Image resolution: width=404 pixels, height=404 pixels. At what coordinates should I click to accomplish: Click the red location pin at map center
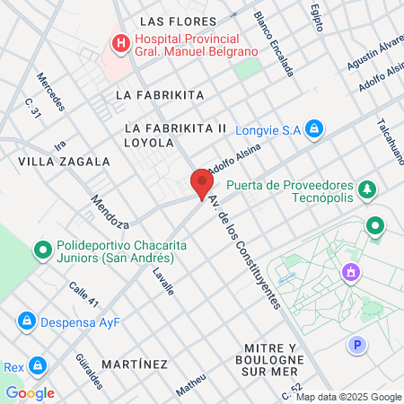(x=201, y=183)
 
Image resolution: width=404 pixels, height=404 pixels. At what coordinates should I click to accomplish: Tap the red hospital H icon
(x=119, y=42)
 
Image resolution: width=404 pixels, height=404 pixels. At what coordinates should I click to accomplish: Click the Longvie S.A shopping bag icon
(x=313, y=129)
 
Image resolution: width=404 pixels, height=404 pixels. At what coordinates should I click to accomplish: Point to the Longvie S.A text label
(x=268, y=129)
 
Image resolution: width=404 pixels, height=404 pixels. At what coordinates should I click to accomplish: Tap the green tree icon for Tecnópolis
(x=366, y=189)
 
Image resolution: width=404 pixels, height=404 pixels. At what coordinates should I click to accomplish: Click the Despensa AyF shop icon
(x=26, y=321)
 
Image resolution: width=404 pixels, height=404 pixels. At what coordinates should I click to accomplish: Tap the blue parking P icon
(x=358, y=344)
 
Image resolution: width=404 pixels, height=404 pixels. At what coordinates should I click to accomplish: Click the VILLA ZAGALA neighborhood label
(x=64, y=162)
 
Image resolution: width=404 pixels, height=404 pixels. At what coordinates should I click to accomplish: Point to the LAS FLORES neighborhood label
(x=179, y=22)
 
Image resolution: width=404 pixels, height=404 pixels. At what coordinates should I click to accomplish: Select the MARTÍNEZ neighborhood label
(x=135, y=364)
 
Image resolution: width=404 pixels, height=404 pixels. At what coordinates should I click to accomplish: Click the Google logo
(x=30, y=392)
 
